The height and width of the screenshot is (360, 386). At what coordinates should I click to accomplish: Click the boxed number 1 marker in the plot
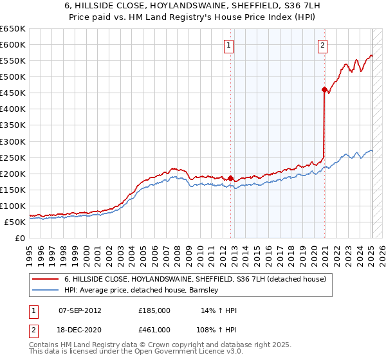(x=229, y=45)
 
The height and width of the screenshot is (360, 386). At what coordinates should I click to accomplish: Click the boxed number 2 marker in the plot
(x=322, y=45)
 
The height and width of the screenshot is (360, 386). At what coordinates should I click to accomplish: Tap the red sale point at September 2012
(x=230, y=178)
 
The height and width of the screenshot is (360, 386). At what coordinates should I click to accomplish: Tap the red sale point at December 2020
(x=324, y=89)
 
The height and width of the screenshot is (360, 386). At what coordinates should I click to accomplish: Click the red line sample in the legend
(x=46, y=279)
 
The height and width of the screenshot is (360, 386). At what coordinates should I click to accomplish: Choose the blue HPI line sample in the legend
(x=46, y=290)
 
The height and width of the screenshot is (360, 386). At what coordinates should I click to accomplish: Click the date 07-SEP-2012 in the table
(x=79, y=310)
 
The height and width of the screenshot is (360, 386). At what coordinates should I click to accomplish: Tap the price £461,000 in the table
(x=154, y=329)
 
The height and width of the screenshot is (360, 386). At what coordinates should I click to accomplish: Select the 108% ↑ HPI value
(x=217, y=329)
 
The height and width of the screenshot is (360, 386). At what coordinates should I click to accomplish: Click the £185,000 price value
(x=154, y=310)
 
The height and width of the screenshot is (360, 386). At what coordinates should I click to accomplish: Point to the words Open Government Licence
(x=163, y=352)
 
